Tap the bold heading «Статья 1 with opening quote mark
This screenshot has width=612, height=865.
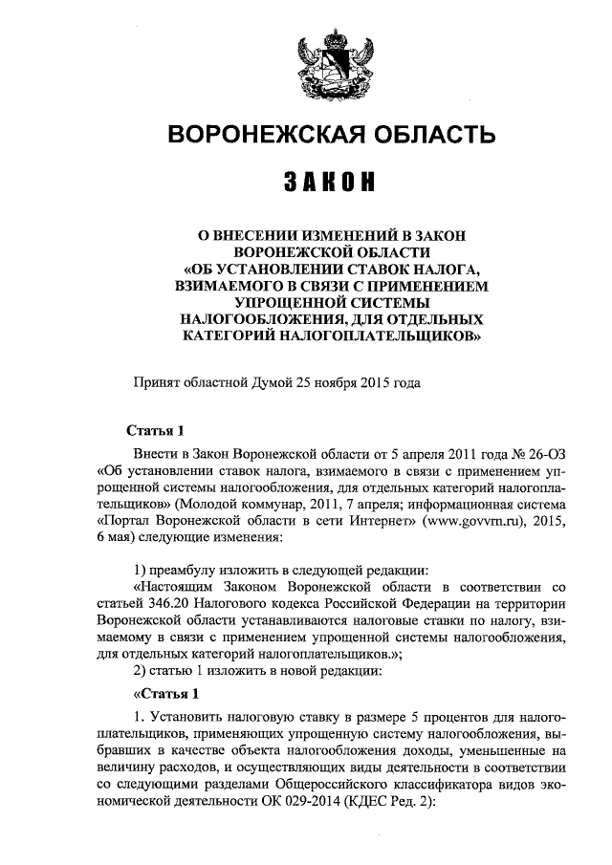(x=164, y=693)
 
